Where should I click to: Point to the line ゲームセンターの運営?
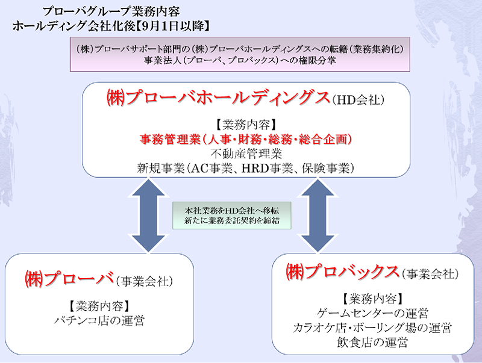point(372,313)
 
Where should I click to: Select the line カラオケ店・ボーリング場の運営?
point(372,328)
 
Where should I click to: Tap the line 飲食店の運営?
point(372,343)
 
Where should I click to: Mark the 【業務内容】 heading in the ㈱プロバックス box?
point(372,299)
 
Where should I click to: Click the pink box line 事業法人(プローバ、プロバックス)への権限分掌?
point(241,60)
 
